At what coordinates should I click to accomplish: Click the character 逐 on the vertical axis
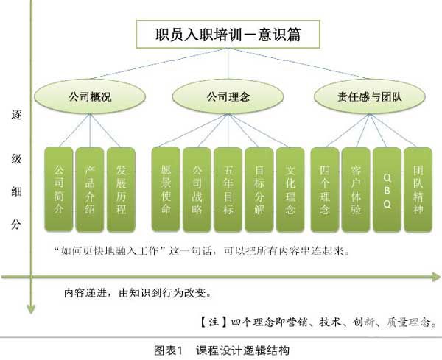(15, 115)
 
